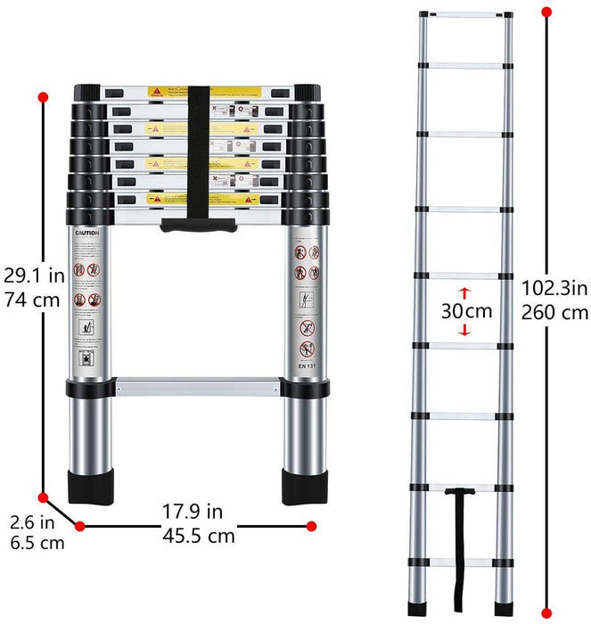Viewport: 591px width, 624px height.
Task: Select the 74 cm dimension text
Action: (x=32, y=300)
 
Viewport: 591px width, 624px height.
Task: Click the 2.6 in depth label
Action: (x=32, y=520)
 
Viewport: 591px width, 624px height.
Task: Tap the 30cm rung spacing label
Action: (x=466, y=311)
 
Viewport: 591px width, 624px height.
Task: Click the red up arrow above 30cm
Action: (x=464, y=291)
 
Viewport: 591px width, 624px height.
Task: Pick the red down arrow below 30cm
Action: (x=464, y=331)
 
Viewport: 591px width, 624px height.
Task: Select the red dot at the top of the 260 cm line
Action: (x=546, y=12)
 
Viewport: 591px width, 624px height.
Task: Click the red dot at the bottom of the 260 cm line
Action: (x=546, y=614)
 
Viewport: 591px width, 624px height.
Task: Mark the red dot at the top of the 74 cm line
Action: (x=42, y=96)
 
